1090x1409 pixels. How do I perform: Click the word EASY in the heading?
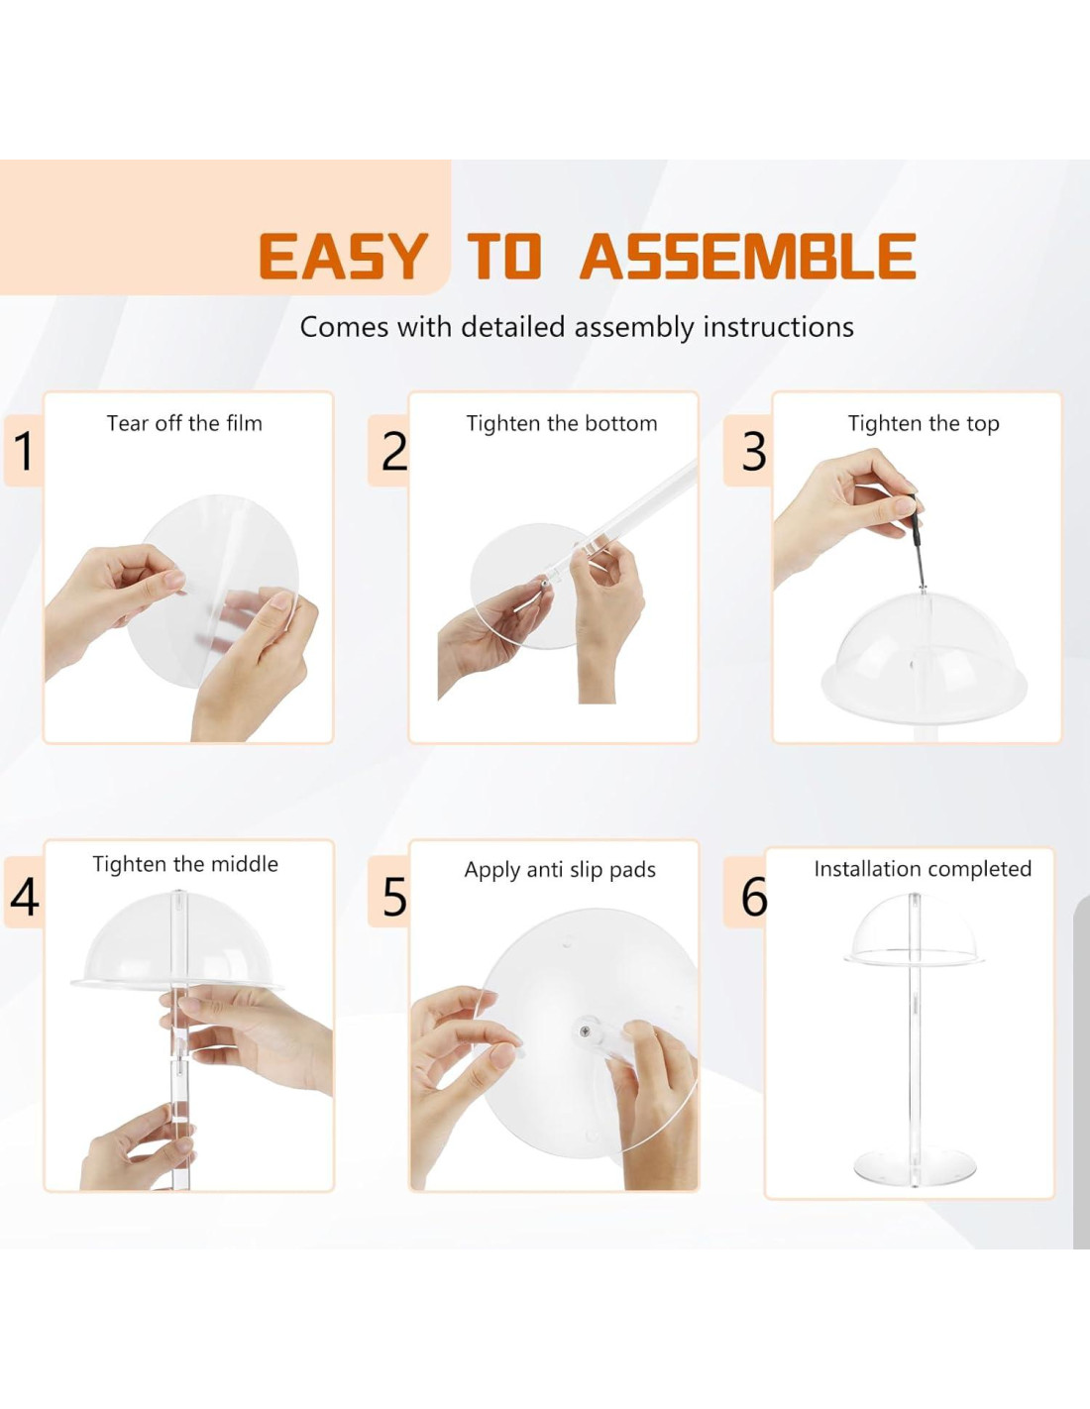[x=344, y=257]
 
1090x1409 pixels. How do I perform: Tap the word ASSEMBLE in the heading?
[x=747, y=257]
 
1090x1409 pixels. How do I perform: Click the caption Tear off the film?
[x=184, y=423]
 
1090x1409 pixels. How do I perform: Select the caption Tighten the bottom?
[x=562, y=424]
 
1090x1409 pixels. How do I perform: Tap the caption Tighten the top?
[x=924, y=424]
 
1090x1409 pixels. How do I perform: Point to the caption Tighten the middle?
[x=185, y=864]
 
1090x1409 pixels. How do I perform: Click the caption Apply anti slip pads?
[x=560, y=870]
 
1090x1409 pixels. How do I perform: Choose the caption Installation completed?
[x=923, y=869]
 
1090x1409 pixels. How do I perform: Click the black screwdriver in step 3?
[x=918, y=539]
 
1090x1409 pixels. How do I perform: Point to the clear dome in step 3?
[x=924, y=652]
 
